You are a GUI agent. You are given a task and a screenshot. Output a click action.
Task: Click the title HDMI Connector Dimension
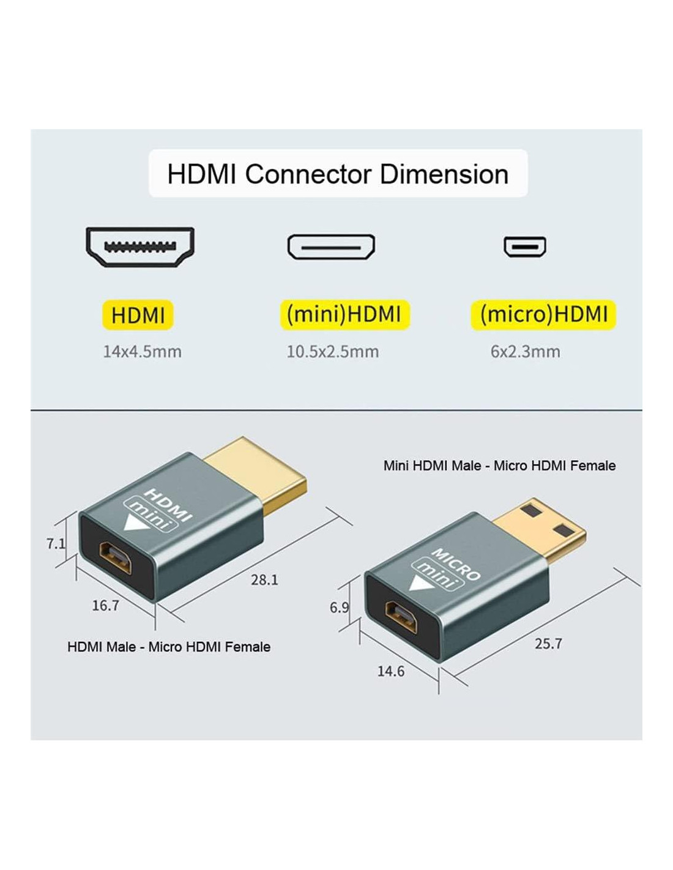338,174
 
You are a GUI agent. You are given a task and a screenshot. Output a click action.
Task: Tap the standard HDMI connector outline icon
140,247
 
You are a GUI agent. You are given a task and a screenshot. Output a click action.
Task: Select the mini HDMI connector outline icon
331,247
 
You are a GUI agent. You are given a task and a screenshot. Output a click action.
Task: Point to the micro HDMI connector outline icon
525,247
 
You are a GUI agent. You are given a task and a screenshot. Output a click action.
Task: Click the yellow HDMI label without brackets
138,315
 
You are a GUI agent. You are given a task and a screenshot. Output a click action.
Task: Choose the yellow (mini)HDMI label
344,314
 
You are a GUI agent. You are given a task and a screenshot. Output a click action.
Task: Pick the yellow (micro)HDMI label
543,314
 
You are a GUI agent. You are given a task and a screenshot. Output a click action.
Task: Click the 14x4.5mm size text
142,352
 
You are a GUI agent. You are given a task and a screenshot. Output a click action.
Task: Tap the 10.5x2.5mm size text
333,352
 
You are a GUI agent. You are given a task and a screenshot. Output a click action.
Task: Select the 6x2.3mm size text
525,352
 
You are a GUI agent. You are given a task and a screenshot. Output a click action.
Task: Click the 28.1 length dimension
264,579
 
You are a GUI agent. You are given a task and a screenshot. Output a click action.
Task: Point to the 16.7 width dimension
105,606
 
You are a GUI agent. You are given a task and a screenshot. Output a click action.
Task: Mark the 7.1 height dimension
56,543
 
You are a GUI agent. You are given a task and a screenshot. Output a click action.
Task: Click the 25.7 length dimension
548,644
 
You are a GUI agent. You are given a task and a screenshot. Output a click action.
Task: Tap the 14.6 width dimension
390,671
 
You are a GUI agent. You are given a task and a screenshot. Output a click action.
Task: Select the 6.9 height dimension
339,608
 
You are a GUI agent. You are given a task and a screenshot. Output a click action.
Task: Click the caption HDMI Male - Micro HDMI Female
169,647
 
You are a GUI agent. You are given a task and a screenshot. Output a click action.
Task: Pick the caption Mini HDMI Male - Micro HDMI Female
499,466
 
